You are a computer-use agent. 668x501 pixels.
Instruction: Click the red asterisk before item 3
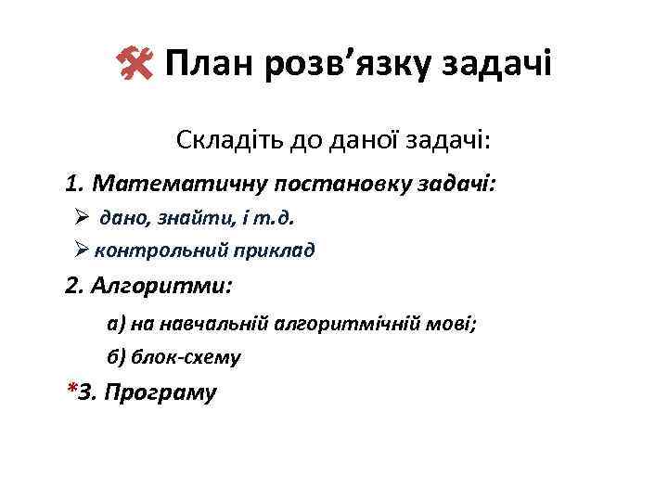(72, 390)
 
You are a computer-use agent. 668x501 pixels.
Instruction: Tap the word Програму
(160, 393)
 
